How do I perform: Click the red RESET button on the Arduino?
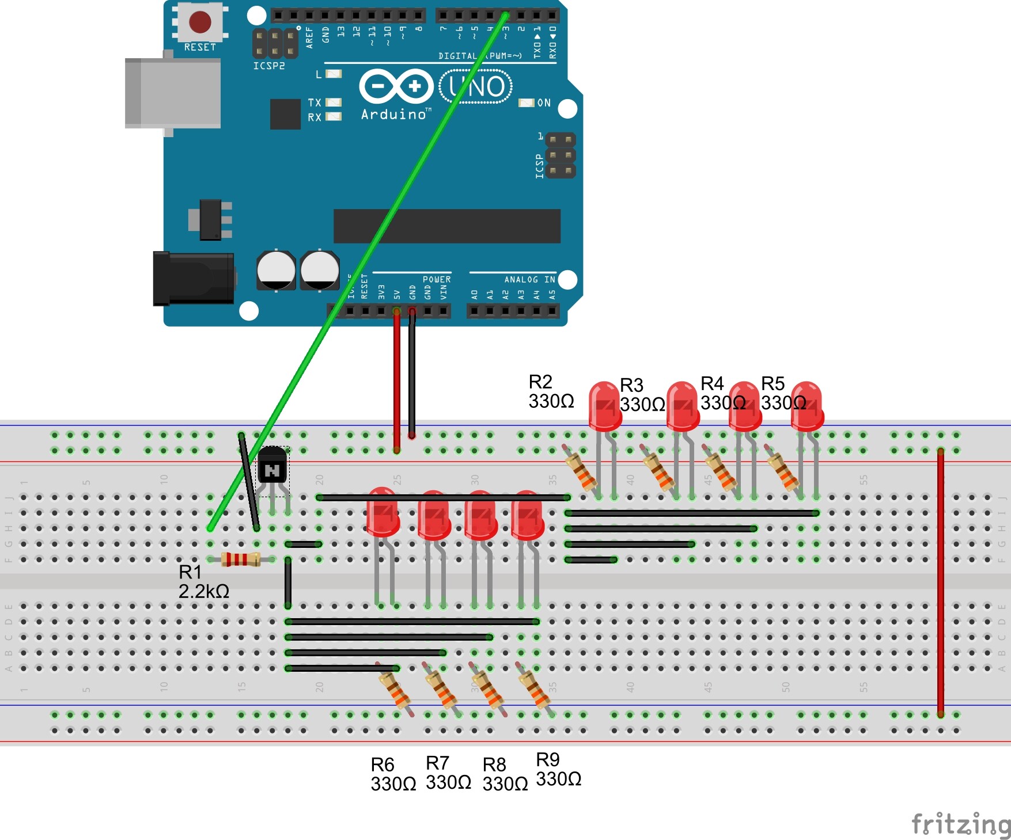tap(200, 22)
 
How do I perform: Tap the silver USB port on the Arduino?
tap(173, 93)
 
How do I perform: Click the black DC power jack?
tap(194, 278)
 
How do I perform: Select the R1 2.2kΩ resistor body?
tap(241, 559)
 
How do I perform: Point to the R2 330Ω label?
tap(551, 392)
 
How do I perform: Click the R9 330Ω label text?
tap(558, 770)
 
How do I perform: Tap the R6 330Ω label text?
tap(393, 774)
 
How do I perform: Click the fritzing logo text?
tap(960, 824)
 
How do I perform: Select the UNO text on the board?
tap(476, 87)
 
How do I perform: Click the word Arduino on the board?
tap(394, 115)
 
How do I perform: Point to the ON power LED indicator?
tap(527, 103)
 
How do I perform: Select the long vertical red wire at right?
tap(940, 582)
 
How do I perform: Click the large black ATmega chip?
tap(446, 226)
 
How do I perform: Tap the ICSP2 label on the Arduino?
tap(269, 66)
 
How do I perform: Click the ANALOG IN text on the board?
tap(529, 279)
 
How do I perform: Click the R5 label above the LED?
tap(773, 384)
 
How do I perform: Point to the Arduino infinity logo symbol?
tap(396, 86)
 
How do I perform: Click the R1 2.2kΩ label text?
tap(203, 582)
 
